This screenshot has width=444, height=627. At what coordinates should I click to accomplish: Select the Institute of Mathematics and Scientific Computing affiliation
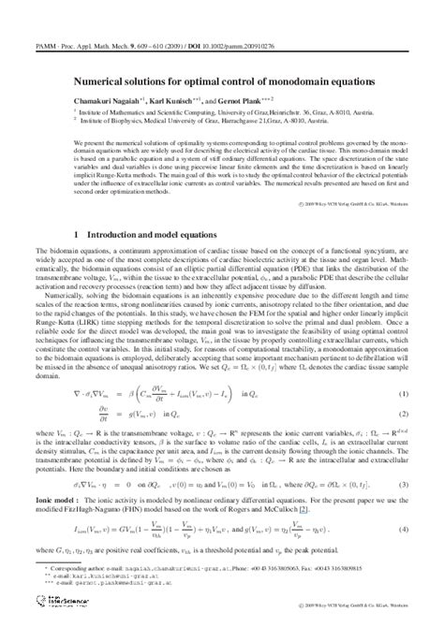pyautogui.click(x=187, y=110)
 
